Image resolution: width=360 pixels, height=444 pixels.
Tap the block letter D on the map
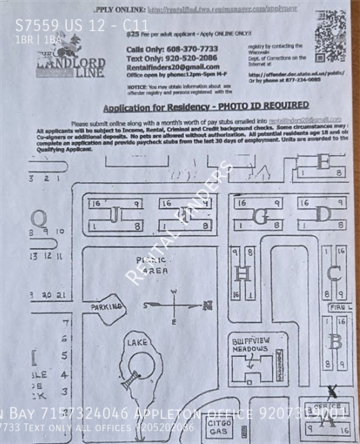pos(323,213)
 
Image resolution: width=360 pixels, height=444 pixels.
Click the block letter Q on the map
pos(39,217)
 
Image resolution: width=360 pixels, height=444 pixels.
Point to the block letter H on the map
pos(241,272)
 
